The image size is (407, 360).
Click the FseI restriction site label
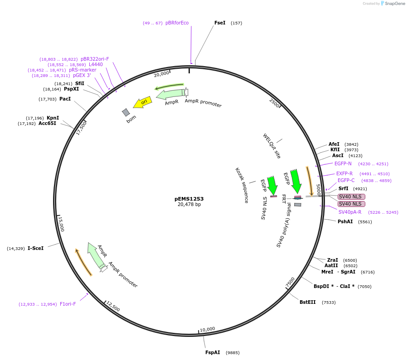220,23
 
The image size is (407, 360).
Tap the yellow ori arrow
143,103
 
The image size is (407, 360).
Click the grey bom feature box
126,112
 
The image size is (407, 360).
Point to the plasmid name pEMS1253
189,199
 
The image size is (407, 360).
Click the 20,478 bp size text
189,205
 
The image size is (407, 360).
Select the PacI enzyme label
65,99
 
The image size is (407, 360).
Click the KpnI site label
53,118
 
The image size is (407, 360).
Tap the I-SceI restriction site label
35,248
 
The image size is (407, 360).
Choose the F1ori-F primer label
68,304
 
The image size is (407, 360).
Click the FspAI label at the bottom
213,352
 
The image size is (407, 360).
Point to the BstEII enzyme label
307,302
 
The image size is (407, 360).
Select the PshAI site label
345,221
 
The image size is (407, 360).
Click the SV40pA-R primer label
350,212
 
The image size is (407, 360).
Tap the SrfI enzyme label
343,188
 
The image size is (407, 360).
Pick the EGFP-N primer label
343,163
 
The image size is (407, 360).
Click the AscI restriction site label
338,155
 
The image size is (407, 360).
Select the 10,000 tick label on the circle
208,329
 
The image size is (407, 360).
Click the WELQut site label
272,146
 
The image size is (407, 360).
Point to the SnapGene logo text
396,4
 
